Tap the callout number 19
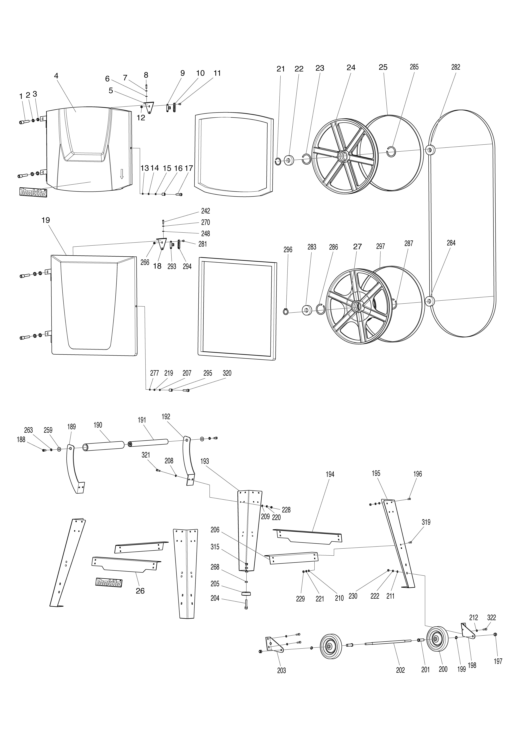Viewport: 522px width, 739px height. [x=46, y=220]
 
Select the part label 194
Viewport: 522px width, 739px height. [x=330, y=474]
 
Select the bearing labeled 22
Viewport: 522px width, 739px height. [x=288, y=160]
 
